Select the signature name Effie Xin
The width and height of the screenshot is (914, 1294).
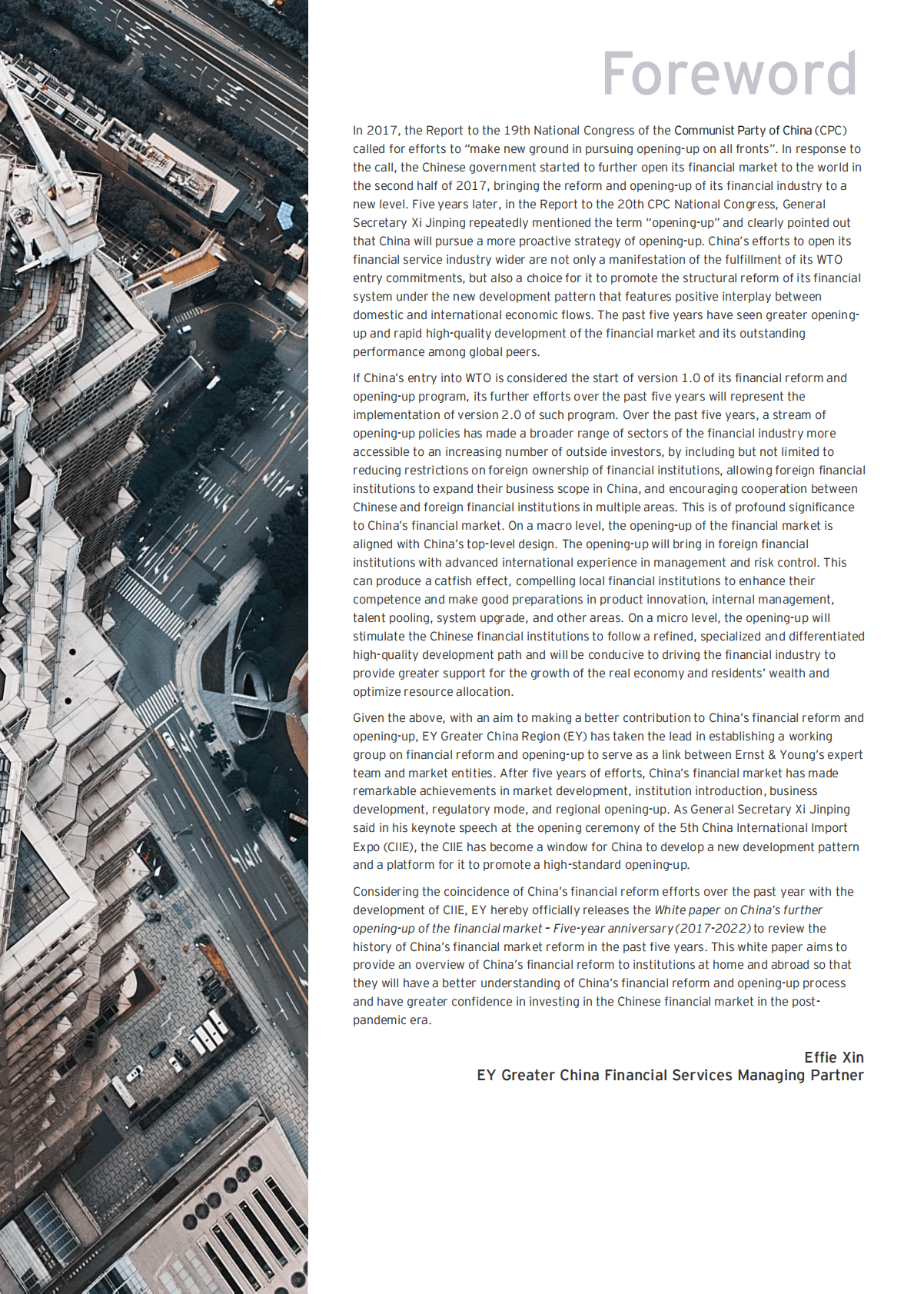tap(833, 1057)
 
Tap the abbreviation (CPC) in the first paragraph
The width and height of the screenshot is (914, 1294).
tap(831, 131)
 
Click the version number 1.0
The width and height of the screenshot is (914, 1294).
tap(690, 378)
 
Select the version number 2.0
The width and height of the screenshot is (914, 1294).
tap(511, 415)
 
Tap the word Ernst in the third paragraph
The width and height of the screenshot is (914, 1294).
tap(739, 755)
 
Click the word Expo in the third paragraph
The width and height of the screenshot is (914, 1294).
tap(366, 847)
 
